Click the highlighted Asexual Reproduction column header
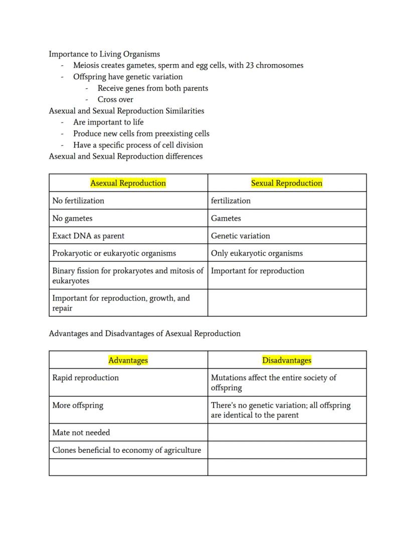(128, 183)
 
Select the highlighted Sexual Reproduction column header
(287, 183)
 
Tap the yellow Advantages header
(128, 360)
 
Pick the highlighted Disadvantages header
(287, 360)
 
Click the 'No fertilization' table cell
(78, 201)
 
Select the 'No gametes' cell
(72, 218)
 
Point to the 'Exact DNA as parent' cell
(88, 236)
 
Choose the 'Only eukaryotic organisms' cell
(257, 253)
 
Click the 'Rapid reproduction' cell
(85, 378)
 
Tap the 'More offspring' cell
(78, 405)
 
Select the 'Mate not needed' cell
(81, 432)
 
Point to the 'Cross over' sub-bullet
(115, 99)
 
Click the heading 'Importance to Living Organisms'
(104, 54)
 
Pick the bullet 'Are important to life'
(108, 122)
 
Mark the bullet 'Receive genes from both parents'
(152, 88)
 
